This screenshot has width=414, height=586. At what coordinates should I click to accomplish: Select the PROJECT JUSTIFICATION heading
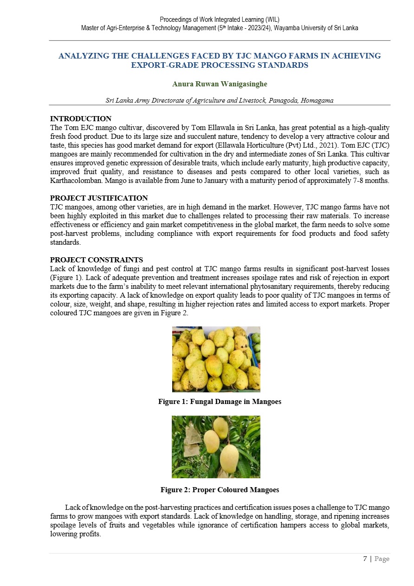click(99, 198)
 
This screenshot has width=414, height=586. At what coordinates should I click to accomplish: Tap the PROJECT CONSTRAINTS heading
click(96, 260)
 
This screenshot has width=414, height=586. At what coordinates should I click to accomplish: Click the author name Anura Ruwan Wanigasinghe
click(220, 84)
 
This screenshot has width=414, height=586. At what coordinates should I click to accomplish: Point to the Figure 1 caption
click(220, 402)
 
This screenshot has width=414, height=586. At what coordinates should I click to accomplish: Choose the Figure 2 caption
click(220, 490)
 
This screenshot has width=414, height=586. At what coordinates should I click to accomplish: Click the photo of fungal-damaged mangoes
click(216, 359)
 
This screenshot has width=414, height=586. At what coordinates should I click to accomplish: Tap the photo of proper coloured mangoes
click(216, 447)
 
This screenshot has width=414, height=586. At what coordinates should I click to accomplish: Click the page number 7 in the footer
click(365, 559)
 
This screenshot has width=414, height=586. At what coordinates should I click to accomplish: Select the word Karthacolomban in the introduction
click(74, 181)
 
